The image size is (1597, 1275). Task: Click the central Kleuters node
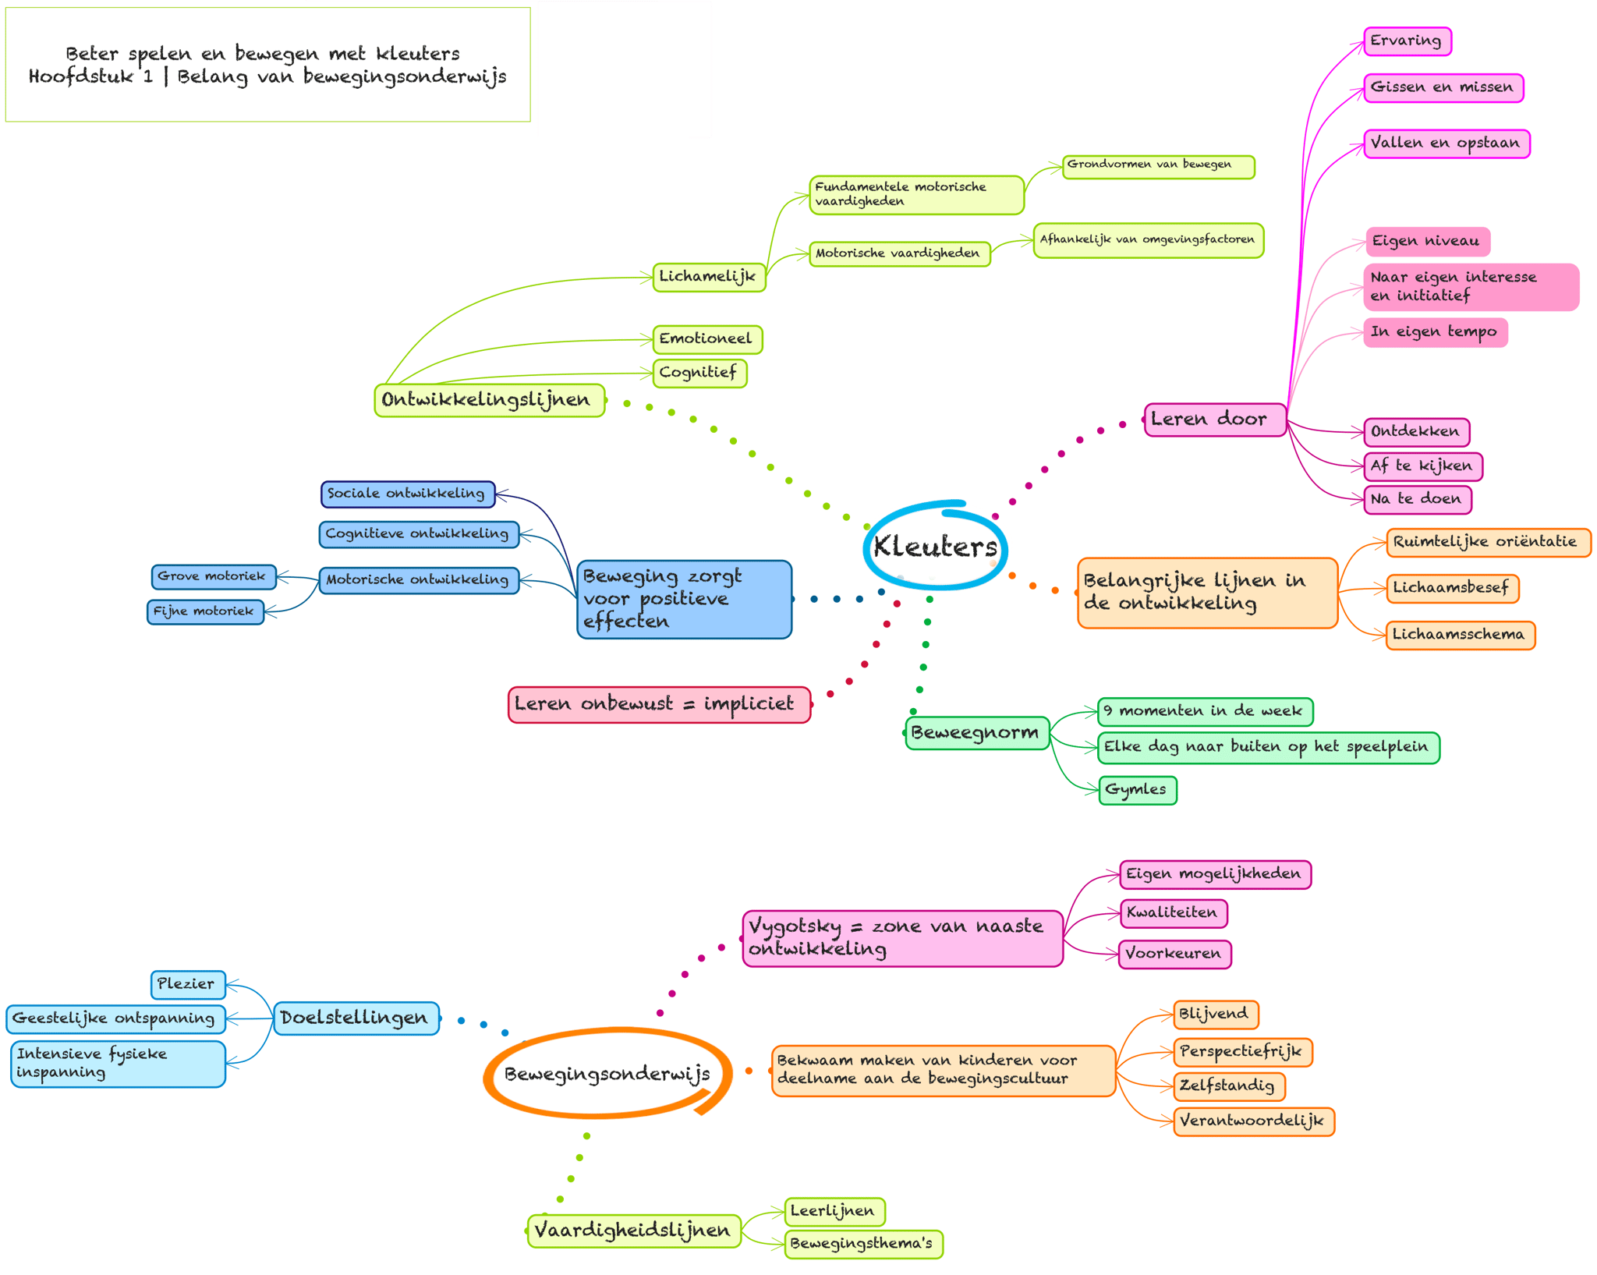934,547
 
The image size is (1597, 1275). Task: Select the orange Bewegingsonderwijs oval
607,1074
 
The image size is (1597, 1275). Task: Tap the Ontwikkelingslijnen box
489,400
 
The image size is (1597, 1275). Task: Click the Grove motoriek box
213,576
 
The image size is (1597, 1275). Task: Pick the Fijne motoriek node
205,611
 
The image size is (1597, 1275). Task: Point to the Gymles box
1137,789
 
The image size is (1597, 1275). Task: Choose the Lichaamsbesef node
1452,588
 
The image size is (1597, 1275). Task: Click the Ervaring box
1407,41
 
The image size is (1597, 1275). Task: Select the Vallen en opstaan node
1446,143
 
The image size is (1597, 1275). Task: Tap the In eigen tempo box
1435,332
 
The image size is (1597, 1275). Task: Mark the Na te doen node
1417,499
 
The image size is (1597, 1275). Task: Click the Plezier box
187,984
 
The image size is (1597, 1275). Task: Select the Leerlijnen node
834,1211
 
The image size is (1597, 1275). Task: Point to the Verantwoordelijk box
1253,1121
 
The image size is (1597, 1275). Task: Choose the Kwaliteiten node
1173,912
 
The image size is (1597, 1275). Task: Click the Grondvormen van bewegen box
1157,166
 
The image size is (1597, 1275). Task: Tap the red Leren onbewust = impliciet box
659,704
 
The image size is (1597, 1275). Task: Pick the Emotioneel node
706,339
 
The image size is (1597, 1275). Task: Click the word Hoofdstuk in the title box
81,77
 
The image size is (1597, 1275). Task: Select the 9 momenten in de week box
1204,711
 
